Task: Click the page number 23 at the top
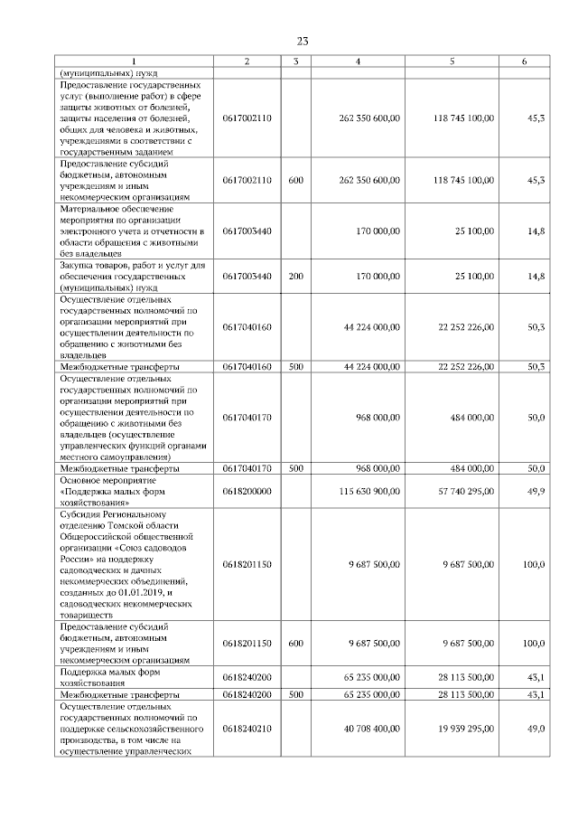point(302,41)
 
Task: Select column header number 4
point(359,61)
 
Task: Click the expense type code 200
point(295,275)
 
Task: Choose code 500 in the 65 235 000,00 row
point(295,694)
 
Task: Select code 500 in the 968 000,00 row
point(295,468)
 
